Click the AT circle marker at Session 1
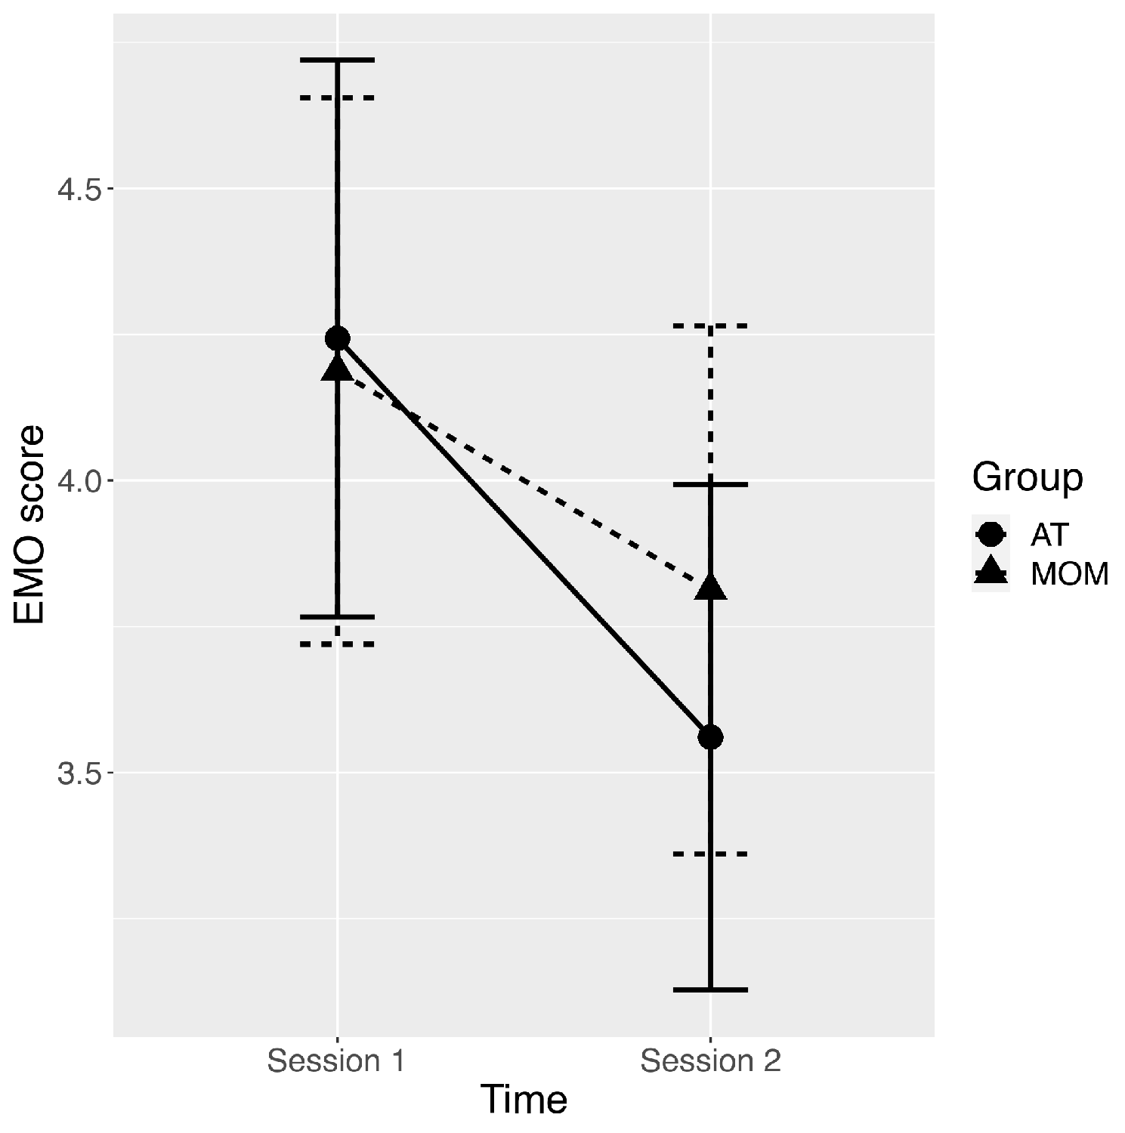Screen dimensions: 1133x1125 point(337,338)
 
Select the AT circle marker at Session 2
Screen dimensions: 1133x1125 point(710,736)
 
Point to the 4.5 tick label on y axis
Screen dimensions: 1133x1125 point(79,189)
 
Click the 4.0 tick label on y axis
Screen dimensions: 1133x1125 point(79,481)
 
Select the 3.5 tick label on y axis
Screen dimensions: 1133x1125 point(79,773)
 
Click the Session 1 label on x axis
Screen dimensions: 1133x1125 point(337,1061)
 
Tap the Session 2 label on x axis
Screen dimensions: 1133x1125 point(710,1061)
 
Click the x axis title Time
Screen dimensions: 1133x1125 point(524,1099)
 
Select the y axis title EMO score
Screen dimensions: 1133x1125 point(30,525)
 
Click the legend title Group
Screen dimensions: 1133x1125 point(1027,477)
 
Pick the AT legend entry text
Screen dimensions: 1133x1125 point(1049,535)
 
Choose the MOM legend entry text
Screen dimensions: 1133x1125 point(1069,574)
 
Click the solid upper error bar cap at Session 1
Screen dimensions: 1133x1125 point(337,59)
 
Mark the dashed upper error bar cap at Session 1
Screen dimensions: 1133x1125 point(337,97)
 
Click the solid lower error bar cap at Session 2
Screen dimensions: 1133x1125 point(710,989)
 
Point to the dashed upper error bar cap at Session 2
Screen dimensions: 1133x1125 point(710,326)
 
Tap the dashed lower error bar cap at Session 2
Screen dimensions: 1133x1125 point(710,854)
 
